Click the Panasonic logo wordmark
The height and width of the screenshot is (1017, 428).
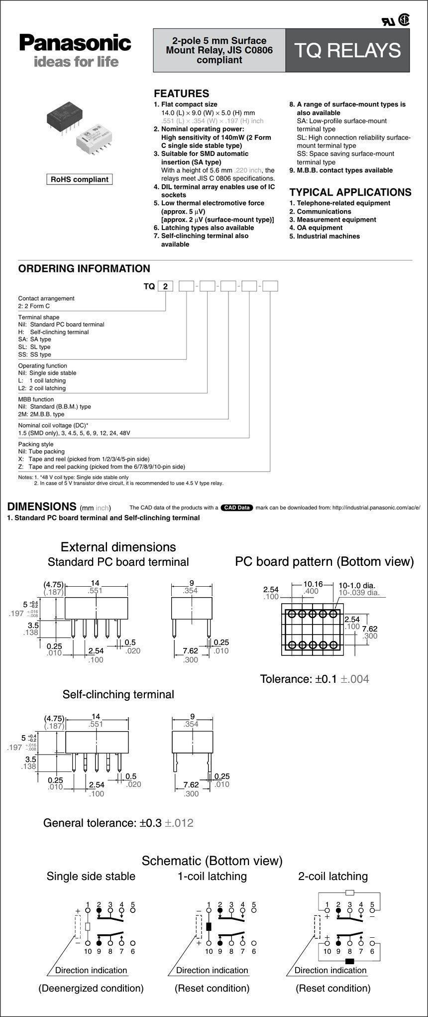click(75, 43)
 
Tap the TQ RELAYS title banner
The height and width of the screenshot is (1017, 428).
click(347, 50)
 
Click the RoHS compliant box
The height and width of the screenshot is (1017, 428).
click(80, 179)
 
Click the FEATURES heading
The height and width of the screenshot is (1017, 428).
click(181, 93)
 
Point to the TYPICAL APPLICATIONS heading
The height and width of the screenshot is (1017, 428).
click(350, 192)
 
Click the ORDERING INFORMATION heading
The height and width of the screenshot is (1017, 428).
click(84, 268)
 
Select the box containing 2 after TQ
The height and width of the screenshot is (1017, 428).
click(166, 286)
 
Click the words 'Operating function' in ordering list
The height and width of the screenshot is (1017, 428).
click(43, 366)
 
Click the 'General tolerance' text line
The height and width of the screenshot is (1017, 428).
click(118, 822)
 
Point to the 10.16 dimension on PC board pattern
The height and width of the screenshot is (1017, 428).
click(313, 584)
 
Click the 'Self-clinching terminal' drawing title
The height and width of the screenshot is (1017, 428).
click(118, 694)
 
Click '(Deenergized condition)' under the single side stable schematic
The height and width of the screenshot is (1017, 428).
click(91, 988)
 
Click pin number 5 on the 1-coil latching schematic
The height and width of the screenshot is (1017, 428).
click(254, 904)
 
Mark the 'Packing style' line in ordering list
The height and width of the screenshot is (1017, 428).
click(36, 444)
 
